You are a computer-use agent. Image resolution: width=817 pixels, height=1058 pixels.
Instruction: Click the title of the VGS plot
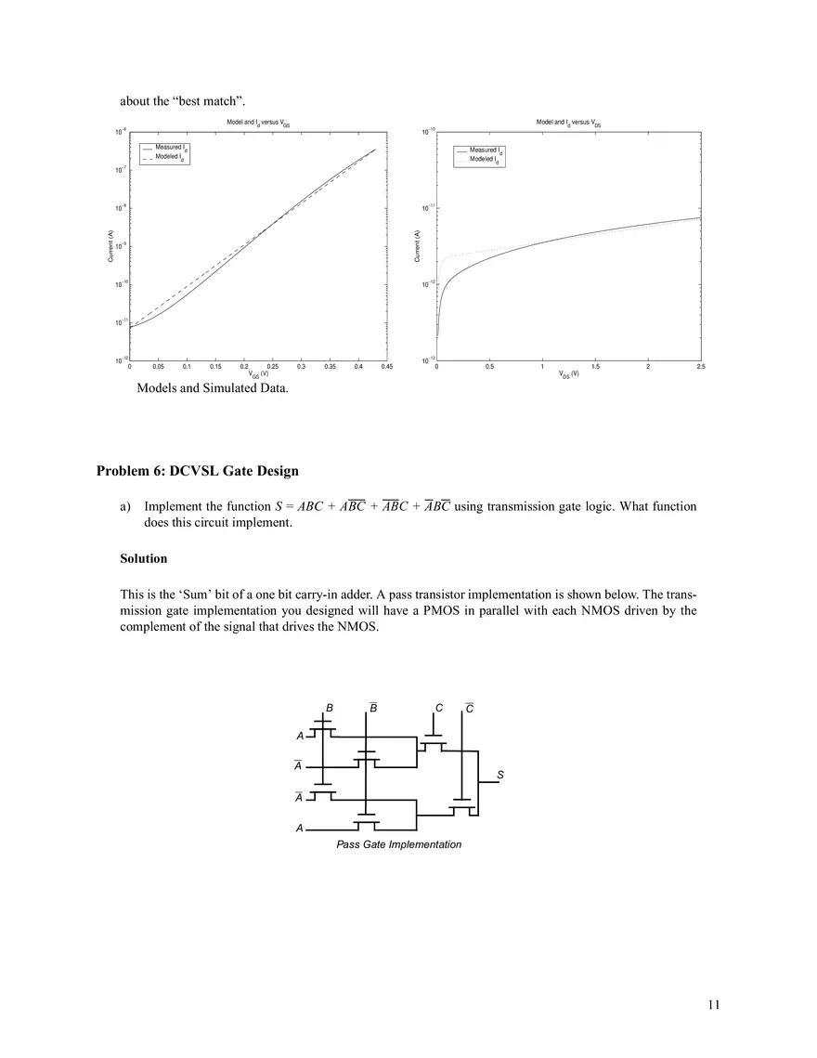tap(259, 123)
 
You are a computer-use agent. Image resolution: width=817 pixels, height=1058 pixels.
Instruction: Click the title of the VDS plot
tap(569, 123)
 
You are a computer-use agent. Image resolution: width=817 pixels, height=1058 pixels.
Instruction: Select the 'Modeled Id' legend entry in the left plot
tap(170, 159)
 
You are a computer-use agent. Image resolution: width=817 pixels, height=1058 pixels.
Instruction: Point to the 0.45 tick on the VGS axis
tap(387, 368)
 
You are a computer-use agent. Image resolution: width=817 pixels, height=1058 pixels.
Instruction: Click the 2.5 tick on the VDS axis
tap(700, 368)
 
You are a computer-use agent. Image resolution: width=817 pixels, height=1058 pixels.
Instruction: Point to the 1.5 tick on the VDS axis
tap(594, 368)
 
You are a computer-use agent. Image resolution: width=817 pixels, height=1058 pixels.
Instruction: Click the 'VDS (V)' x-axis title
tap(569, 375)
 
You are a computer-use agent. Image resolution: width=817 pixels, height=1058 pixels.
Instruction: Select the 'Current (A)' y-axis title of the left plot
tap(110, 246)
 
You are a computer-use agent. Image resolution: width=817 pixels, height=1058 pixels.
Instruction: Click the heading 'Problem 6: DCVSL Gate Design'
tap(197, 471)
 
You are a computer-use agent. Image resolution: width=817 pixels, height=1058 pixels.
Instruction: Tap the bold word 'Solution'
tap(144, 559)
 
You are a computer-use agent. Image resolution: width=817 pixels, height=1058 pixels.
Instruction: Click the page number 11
tap(713, 1004)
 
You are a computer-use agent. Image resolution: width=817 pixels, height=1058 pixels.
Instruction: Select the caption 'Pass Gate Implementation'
tap(398, 844)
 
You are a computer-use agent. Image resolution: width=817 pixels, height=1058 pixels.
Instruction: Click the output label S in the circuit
tap(500, 774)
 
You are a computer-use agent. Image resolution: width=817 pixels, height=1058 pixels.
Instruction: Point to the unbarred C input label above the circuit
tap(438, 709)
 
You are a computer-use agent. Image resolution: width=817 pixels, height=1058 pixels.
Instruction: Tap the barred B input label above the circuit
tap(373, 708)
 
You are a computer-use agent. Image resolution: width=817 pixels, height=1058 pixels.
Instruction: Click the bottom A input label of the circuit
tap(299, 828)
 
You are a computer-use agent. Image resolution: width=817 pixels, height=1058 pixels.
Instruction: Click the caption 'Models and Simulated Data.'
tap(213, 388)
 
